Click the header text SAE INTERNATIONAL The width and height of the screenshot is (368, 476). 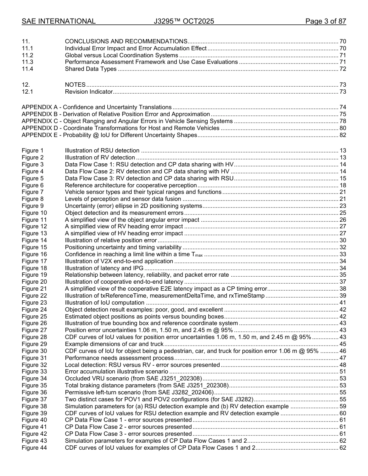tap(58, 21)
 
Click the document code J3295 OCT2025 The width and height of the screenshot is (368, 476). tap(184, 21)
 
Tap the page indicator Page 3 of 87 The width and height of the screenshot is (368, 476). tap(325, 21)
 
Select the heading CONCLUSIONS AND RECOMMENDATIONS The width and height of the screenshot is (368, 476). tap(126, 41)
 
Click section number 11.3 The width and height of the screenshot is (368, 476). tap(28, 62)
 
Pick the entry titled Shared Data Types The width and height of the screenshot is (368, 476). tap(91, 69)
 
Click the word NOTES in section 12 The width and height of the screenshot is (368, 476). tap(75, 85)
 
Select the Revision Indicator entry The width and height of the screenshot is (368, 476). tap(89, 92)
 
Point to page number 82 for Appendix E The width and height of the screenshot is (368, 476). tap(342, 135)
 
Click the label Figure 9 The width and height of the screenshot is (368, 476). tap(33, 206)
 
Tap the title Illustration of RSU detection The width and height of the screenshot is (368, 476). tap(102, 151)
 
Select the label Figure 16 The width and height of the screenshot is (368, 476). tap(34, 254)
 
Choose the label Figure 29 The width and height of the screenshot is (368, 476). tap(34, 344)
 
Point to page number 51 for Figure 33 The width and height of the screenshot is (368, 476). tap(342, 372)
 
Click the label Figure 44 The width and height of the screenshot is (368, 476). tap(34, 448)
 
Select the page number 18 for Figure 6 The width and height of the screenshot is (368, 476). tap(342, 185)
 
